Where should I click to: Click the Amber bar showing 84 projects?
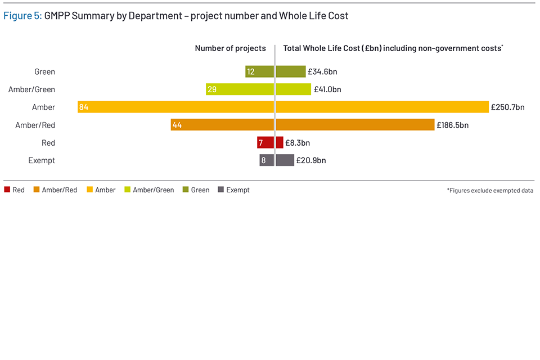pos(175,107)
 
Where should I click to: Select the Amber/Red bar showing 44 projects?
pos(222,125)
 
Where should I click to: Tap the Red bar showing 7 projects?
pos(265,143)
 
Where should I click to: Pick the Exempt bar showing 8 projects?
pos(267,160)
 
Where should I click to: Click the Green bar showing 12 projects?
pos(259,71)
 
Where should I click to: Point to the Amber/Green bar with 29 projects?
pos(240,89)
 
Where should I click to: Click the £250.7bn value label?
pos(507,107)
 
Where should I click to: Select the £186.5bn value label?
pos(452,125)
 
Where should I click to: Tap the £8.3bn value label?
pos(298,143)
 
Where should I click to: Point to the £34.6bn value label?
pos(322,71)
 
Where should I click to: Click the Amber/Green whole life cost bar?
pos(294,89)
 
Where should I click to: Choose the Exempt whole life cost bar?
pos(285,160)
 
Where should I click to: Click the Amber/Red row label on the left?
pos(35,125)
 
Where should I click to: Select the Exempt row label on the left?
pos(42,160)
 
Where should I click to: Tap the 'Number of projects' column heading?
pos(230,48)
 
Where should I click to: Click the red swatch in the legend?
pos(7,190)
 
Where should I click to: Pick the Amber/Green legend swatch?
pos(127,190)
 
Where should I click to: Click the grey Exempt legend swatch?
pos(220,190)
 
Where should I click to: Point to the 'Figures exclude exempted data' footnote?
pos(490,191)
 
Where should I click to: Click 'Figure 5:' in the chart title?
pos(22,16)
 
